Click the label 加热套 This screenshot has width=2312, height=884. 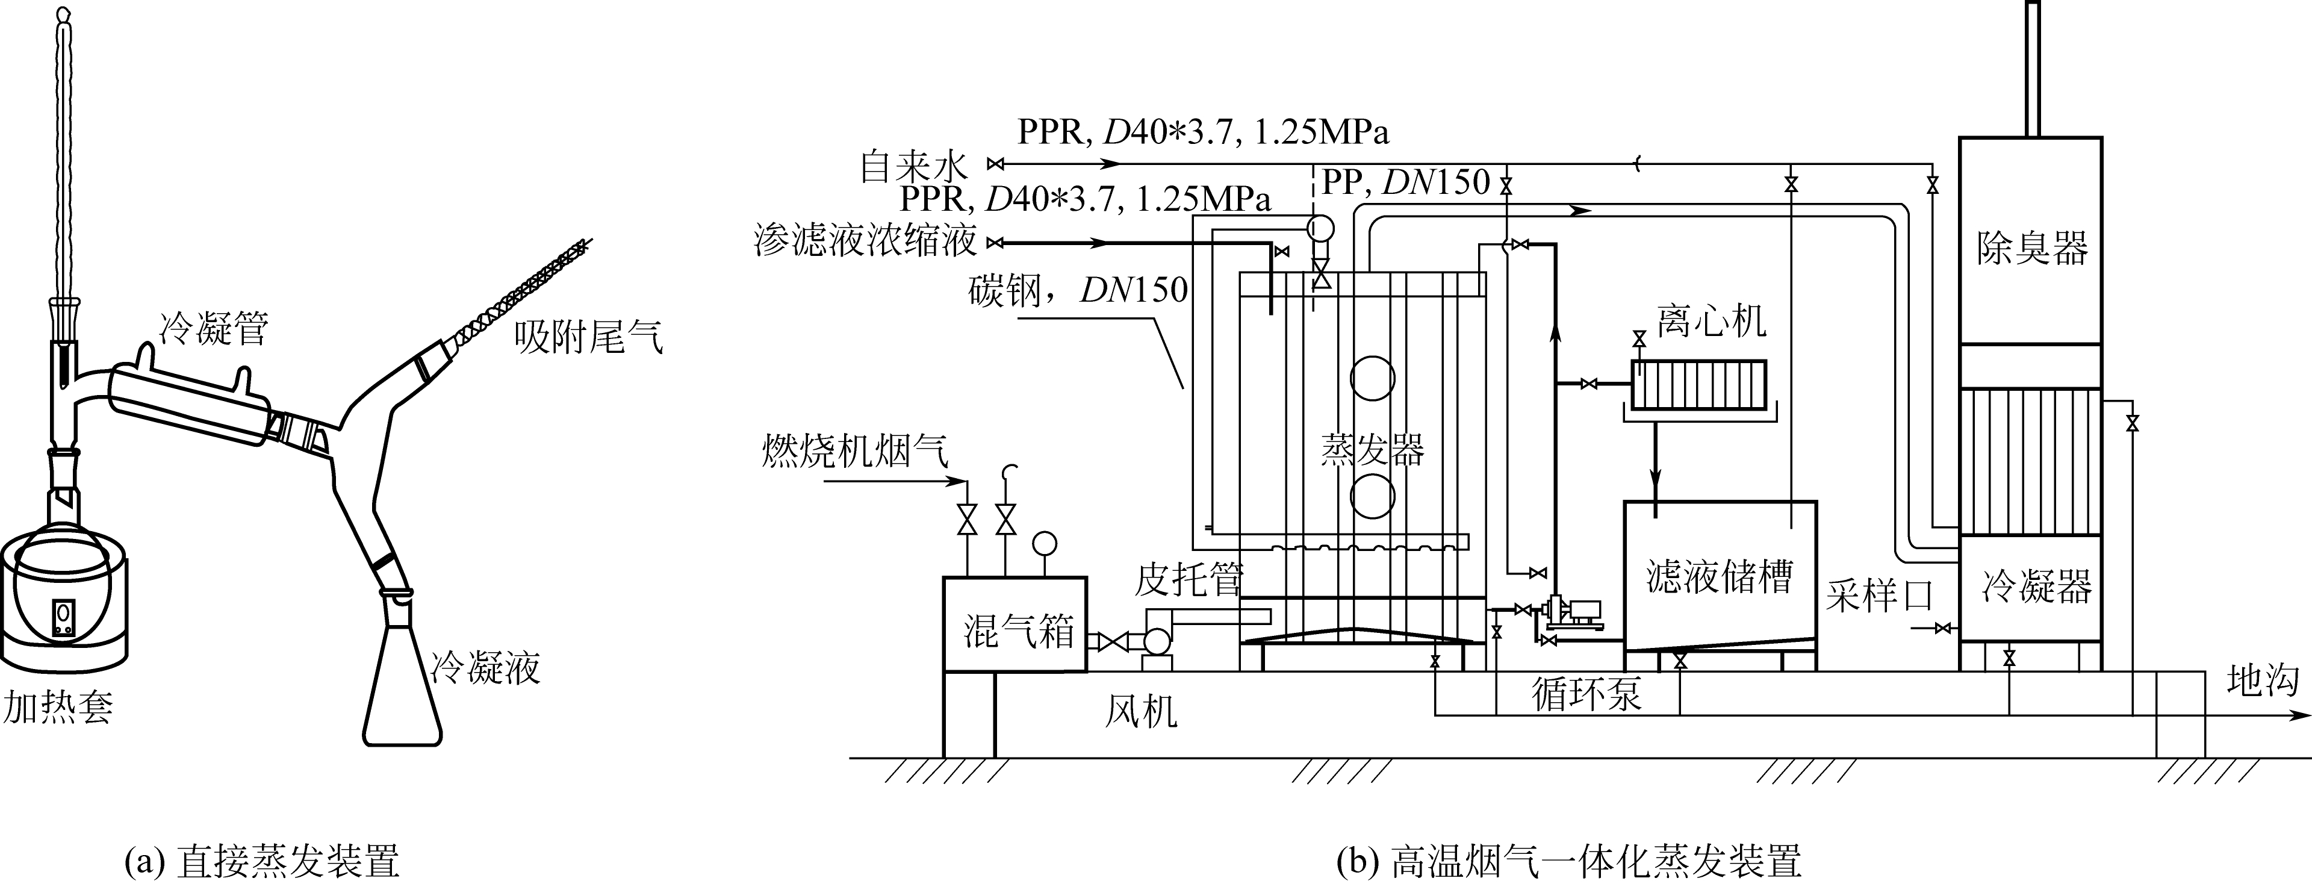click(58, 708)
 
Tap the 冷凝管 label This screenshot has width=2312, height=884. click(214, 329)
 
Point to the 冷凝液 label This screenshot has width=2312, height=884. click(485, 668)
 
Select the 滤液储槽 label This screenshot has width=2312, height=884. click(1719, 578)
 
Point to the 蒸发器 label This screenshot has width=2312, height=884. click(1372, 449)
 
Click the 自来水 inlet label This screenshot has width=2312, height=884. click(914, 167)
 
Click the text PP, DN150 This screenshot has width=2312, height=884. click(1406, 182)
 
